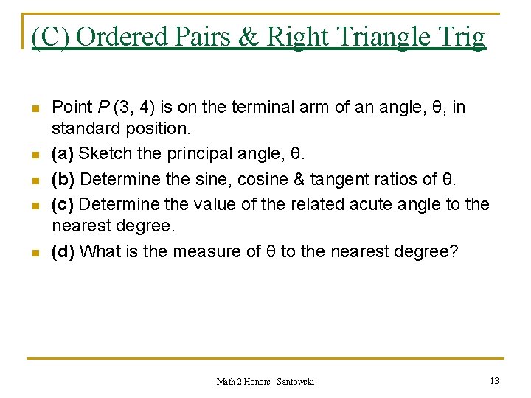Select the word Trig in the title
tap(462, 36)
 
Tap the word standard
tap(81, 129)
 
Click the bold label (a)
tap(63, 155)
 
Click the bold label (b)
tap(63, 179)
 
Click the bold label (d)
tap(63, 251)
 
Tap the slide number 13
tap(494, 380)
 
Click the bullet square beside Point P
tap(35, 108)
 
